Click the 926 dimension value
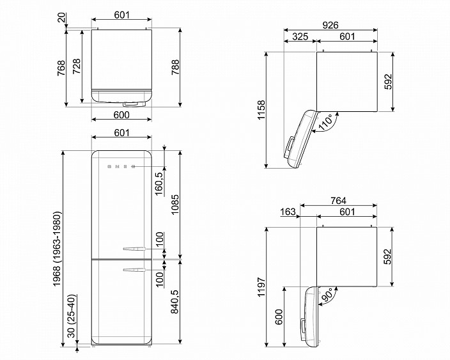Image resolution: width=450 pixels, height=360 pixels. coord(330,26)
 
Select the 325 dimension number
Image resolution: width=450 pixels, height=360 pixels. coord(300,36)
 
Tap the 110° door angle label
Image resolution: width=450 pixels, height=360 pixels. coord(325,123)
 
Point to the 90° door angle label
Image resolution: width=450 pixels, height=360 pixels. coord(327,295)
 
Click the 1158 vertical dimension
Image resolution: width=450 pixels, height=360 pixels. coord(261,110)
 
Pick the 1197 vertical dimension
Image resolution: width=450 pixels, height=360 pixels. coord(261,287)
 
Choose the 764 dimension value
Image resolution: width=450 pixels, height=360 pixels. coord(338,200)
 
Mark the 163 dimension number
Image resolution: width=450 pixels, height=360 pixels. coord(288,212)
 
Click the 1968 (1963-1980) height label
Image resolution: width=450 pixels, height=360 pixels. coord(57,249)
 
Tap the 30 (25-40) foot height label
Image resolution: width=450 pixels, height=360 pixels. coord(72,316)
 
